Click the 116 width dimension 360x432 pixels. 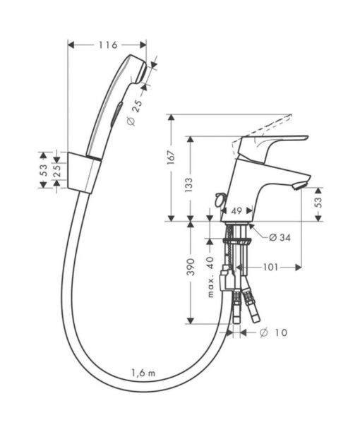pyautogui.click(x=108, y=45)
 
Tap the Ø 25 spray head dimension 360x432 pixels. pyautogui.click(x=136, y=112)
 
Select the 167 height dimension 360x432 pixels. pyautogui.click(x=171, y=157)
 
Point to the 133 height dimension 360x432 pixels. pyautogui.click(x=189, y=185)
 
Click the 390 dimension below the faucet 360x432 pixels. pyautogui.click(x=191, y=267)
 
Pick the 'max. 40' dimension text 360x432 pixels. pyautogui.click(x=210, y=277)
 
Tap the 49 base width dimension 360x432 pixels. pyautogui.click(x=236, y=211)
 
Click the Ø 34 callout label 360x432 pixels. pyautogui.click(x=280, y=237)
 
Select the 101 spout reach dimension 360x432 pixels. pyautogui.click(x=270, y=267)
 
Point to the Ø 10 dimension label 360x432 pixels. pyautogui.click(x=273, y=332)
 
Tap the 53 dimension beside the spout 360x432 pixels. pyautogui.click(x=318, y=203)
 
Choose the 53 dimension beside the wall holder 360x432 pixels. pyautogui.click(x=44, y=170)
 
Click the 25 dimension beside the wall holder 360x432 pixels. pyautogui.click(x=57, y=171)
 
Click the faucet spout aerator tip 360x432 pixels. pyautogui.click(x=301, y=185)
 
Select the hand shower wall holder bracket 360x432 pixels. pyautogui.click(x=84, y=172)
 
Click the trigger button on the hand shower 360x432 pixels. pyautogui.click(x=116, y=114)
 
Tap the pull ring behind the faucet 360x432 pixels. pyautogui.click(x=220, y=200)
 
